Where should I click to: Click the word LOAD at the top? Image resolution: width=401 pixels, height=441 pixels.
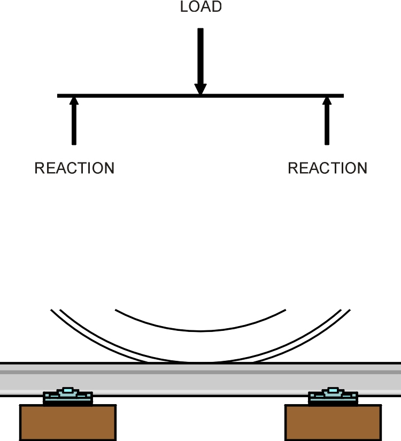pos(200,7)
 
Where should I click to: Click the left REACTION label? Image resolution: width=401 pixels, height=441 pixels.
pos(74,168)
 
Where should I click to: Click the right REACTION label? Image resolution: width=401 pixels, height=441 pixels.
pos(328,168)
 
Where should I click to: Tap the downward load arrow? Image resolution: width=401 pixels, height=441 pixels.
pos(200,61)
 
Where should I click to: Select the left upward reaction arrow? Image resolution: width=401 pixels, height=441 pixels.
pos(74,121)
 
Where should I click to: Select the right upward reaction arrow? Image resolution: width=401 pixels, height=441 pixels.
pos(327,121)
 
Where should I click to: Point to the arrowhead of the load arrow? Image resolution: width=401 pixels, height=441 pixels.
pos(200,89)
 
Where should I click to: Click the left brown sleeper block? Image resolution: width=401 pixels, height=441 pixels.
pos(68,422)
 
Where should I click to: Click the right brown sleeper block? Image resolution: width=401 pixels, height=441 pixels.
pos(333,422)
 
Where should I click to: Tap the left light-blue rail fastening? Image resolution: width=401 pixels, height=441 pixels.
pos(68,396)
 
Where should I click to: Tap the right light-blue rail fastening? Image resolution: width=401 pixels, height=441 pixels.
pos(333,396)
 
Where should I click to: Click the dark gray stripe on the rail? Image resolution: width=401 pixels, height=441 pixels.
pos(200,372)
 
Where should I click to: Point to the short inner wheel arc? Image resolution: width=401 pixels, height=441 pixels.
pos(200,331)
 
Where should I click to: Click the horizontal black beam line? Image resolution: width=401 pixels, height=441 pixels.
pos(200,96)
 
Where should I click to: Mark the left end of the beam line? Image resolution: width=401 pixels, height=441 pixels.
pos(57,96)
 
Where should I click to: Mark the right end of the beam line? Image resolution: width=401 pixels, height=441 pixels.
pos(344,96)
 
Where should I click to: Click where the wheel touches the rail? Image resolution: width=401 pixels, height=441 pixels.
pos(200,362)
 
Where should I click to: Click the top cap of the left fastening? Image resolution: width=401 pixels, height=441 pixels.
pos(67,390)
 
